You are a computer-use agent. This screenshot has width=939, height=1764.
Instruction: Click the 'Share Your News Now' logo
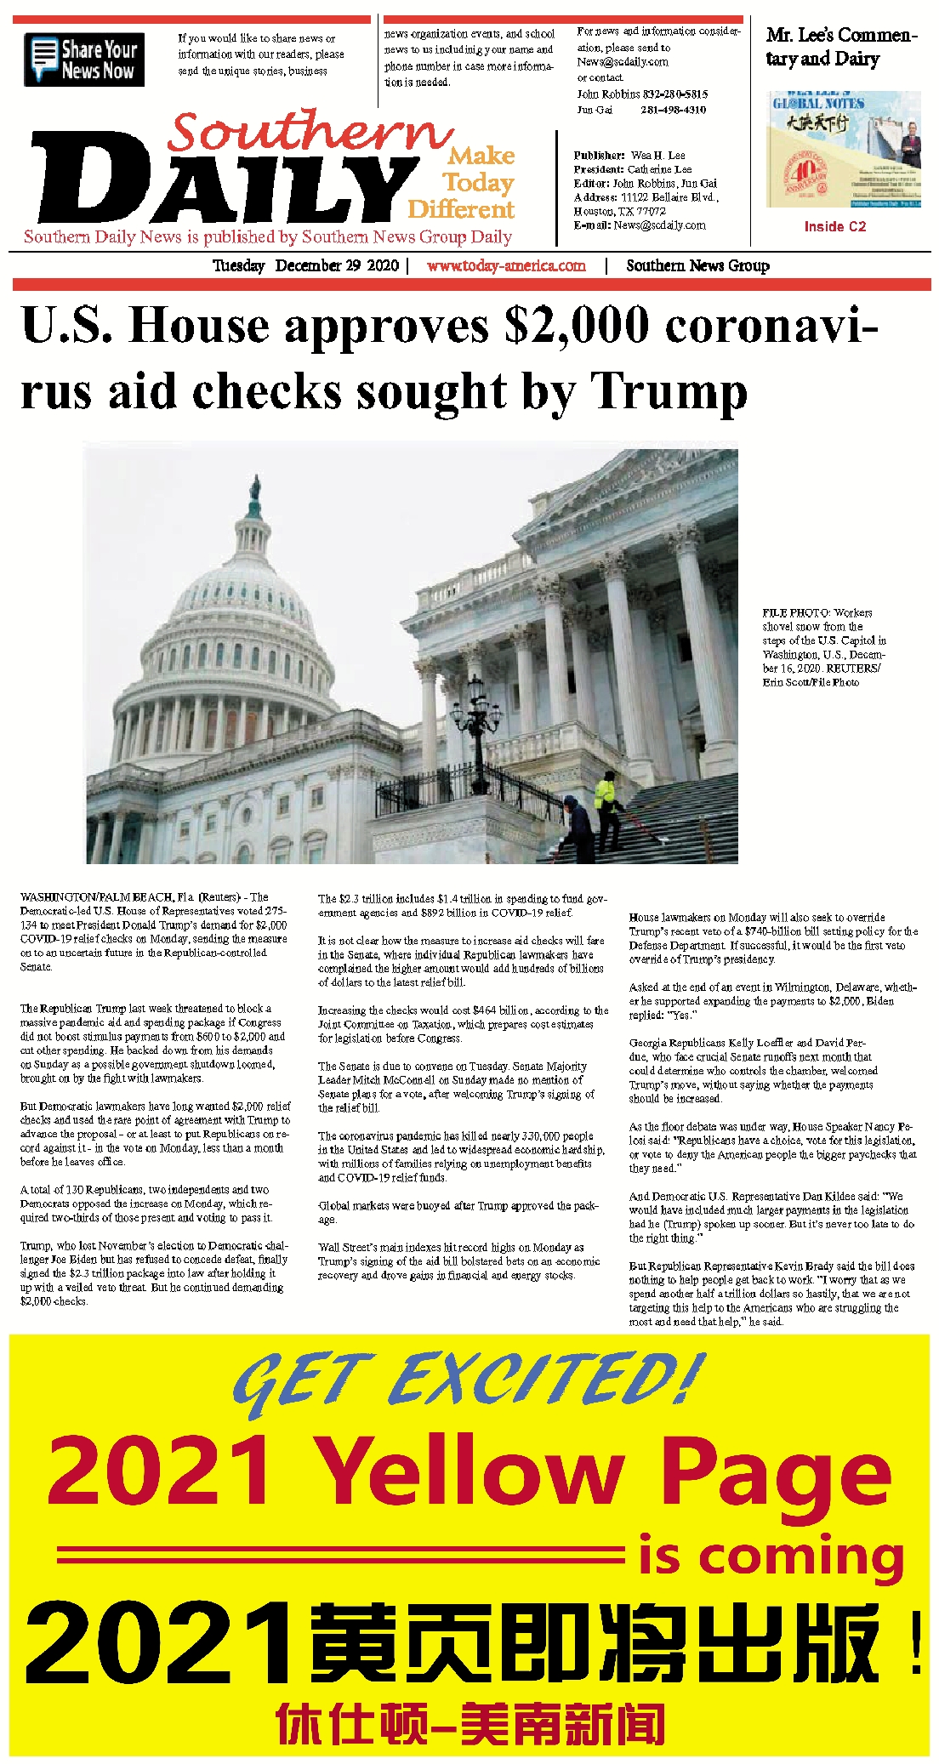(84, 60)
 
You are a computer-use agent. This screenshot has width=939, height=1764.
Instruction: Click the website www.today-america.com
(506, 265)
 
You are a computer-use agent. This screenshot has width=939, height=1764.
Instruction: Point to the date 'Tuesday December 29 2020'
(305, 265)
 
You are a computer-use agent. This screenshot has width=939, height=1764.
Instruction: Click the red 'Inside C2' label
(834, 226)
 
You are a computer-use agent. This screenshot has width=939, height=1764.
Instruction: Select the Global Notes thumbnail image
(843, 150)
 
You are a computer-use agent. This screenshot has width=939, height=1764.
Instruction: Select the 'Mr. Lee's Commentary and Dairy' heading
(839, 47)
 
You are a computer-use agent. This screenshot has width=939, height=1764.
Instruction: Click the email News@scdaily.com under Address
(660, 225)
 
